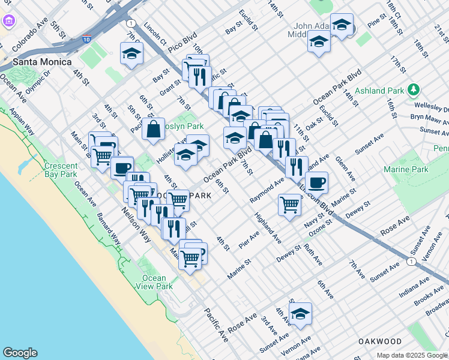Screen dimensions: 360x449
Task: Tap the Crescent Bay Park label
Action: (x=61, y=170)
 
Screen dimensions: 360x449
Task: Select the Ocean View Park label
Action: (x=154, y=282)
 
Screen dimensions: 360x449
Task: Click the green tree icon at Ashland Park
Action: (x=413, y=90)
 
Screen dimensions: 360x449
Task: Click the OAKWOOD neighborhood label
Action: (x=379, y=341)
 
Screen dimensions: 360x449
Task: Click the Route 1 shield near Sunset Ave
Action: (x=411, y=262)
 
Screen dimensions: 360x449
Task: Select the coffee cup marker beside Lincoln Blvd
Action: (x=316, y=182)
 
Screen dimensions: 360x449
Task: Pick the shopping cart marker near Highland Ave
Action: (x=289, y=205)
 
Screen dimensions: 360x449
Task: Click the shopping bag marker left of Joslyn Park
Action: (x=154, y=128)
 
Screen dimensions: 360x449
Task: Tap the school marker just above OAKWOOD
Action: (x=300, y=313)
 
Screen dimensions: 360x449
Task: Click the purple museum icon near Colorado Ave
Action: (x=8, y=22)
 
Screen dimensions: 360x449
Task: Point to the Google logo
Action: (x=20, y=353)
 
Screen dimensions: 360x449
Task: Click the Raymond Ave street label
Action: (x=267, y=191)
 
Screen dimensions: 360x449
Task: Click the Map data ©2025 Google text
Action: (x=412, y=355)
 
